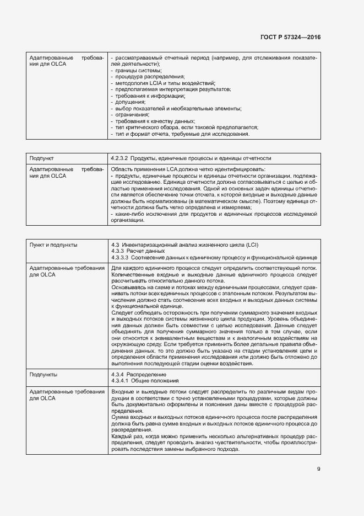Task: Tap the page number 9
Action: pyautogui.click(x=318, y=469)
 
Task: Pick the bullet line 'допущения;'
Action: pyautogui.click(x=129, y=102)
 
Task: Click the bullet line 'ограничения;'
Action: pyautogui.click(x=132, y=114)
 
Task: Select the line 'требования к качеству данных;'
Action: pyautogui.click(x=154, y=121)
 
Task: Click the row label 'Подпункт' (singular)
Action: pyautogui.click(x=41, y=158)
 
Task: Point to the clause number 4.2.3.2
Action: pyautogui.click(x=119, y=158)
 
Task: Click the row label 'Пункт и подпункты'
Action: pyautogui.click(x=53, y=244)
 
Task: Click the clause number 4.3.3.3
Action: pyautogui.click(x=119, y=257)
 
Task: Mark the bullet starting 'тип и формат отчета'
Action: pyautogui.click(x=181, y=134)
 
